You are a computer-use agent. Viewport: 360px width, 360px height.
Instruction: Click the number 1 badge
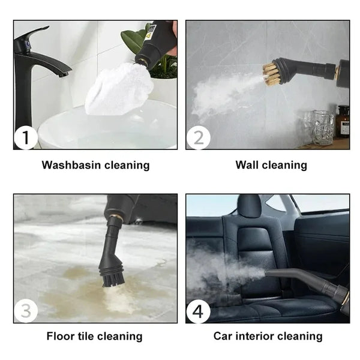tap(26, 138)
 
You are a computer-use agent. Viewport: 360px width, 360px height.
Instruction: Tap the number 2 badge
tap(198, 138)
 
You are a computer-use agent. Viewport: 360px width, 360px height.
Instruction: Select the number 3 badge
tap(26, 311)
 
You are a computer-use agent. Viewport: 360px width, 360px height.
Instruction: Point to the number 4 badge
tap(198, 311)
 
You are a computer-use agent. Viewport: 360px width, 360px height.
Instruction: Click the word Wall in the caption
tap(248, 165)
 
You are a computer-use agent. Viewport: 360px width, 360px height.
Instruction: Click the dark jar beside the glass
tap(343, 122)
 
